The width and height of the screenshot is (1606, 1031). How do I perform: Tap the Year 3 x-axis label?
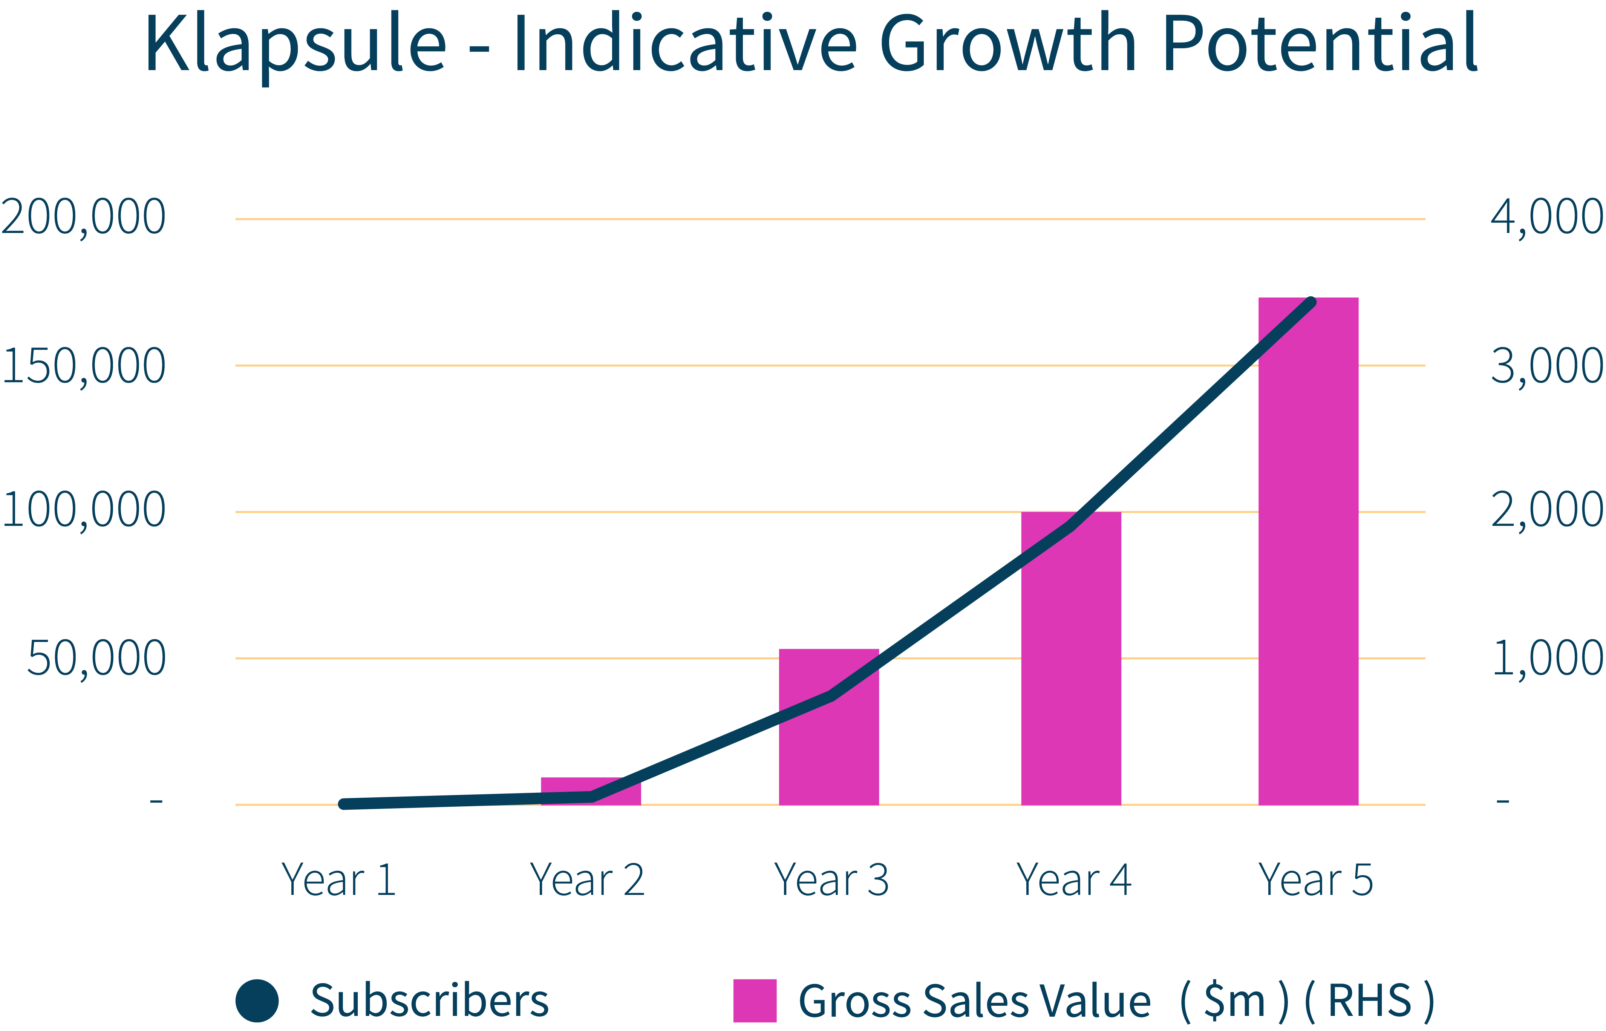(831, 880)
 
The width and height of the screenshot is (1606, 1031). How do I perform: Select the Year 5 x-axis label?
(1315, 880)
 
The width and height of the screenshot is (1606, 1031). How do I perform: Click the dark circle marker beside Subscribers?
(257, 1001)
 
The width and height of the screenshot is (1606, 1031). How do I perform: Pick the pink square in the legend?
(755, 1001)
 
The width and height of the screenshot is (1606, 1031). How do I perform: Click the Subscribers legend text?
(429, 1001)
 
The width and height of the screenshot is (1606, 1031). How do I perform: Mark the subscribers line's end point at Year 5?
(1312, 302)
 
